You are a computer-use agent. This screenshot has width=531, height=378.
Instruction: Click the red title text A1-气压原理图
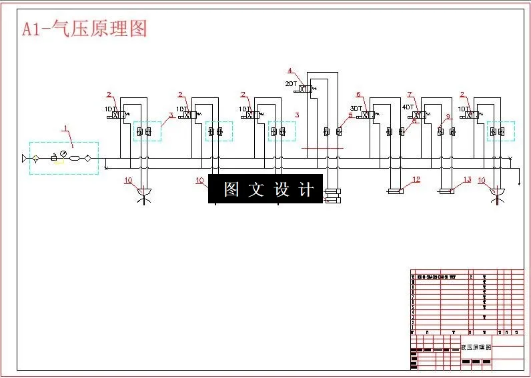click(84, 28)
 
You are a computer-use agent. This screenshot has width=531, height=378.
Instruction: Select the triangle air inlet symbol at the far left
click(26, 159)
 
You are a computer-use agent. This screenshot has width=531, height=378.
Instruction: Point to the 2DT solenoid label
click(291, 83)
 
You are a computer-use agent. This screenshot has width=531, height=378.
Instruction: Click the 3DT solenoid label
click(356, 109)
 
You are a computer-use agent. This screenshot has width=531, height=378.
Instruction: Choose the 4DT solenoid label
click(408, 107)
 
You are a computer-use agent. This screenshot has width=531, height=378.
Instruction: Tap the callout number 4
click(290, 70)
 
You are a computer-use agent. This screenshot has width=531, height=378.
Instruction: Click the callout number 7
click(410, 95)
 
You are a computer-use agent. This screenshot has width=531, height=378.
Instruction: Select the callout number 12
click(416, 179)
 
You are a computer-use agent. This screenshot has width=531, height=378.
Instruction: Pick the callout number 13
click(467, 179)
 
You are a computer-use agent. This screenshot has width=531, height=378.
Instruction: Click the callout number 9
click(448, 117)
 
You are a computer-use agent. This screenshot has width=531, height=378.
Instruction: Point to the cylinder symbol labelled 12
click(396, 192)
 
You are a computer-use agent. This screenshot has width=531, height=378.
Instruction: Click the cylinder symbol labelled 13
click(446, 192)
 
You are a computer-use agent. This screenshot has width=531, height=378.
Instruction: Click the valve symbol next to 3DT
click(368, 115)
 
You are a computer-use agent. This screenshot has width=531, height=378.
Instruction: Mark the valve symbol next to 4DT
click(420, 115)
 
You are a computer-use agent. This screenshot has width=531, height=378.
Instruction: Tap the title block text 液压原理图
click(476, 347)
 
